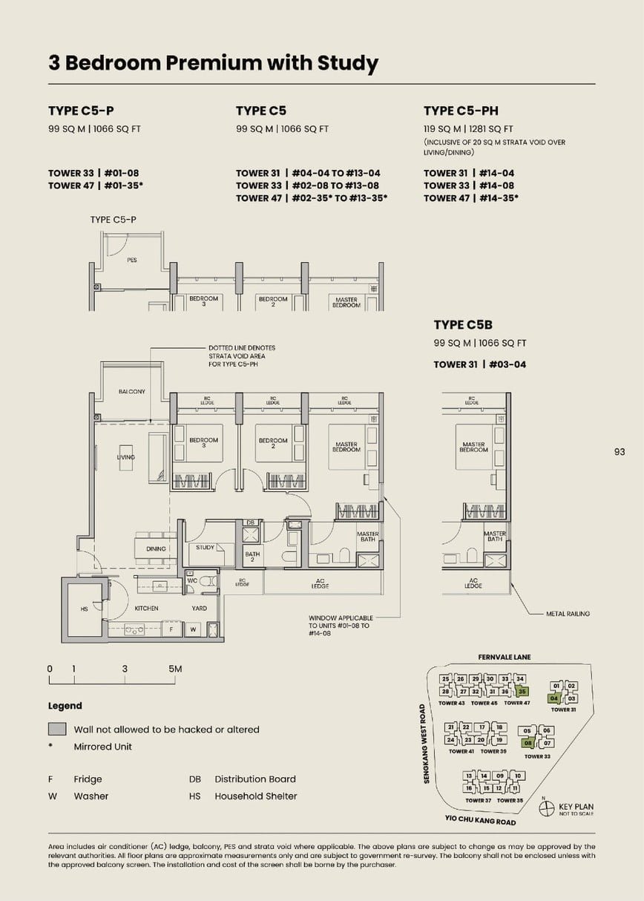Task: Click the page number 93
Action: [x=620, y=451]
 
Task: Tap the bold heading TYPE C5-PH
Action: [x=461, y=111]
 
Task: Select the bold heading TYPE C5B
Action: [x=463, y=324]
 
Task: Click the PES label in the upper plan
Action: [x=132, y=260]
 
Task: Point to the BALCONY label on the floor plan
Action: [x=132, y=391]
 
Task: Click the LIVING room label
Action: [x=126, y=457]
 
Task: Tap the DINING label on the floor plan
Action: [x=156, y=549]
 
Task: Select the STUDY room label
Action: [x=206, y=548]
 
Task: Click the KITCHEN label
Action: [x=146, y=608]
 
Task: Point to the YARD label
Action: [x=199, y=608]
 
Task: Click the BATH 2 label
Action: [x=252, y=557]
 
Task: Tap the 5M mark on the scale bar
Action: [x=175, y=669]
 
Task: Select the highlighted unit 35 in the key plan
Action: [x=522, y=691]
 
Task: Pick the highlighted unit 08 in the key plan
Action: [x=528, y=742]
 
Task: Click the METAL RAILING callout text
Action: [x=568, y=614]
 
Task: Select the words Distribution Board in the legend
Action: [x=255, y=779]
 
